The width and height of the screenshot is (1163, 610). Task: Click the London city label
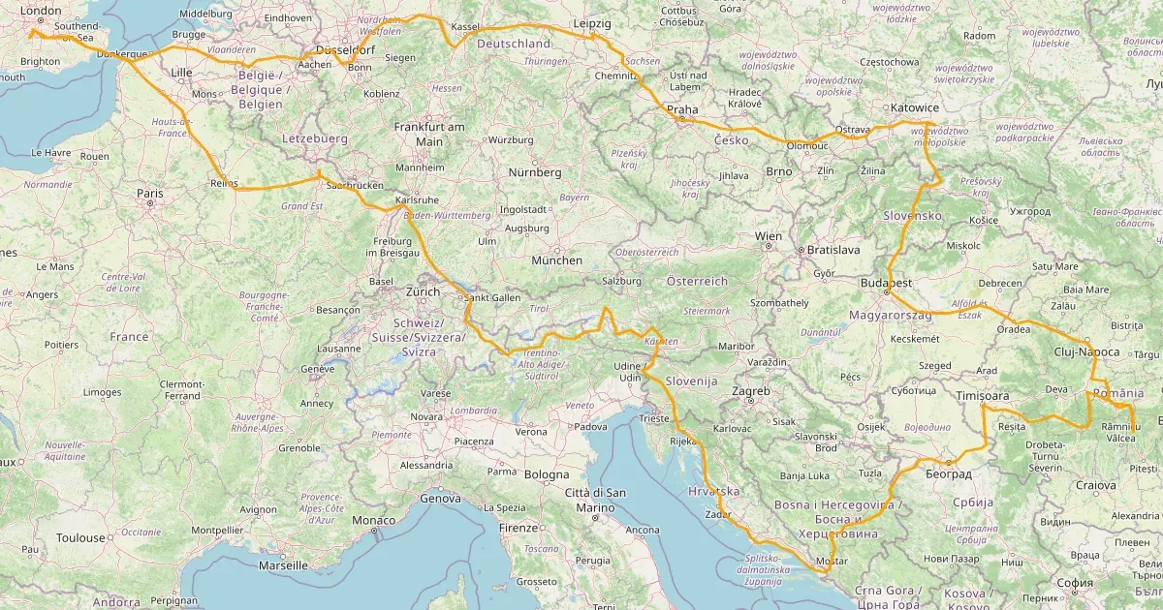coord(41,12)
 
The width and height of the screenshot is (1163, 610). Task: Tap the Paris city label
coord(149,194)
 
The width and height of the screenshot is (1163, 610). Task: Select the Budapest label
coord(886,283)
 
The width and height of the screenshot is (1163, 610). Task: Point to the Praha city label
coord(681,109)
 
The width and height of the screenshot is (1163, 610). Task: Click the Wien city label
coord(768,236)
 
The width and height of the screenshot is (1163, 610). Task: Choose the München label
coord(556,260)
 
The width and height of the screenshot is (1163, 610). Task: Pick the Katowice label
coord(915,107)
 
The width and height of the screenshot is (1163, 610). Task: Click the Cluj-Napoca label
coord(1088,352)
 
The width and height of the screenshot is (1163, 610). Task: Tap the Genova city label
coord(439,499)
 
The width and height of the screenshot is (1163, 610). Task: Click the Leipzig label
coord(591,22)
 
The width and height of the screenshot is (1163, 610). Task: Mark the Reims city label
coord(224,182)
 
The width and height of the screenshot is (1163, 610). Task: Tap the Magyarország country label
coord(890,316)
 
